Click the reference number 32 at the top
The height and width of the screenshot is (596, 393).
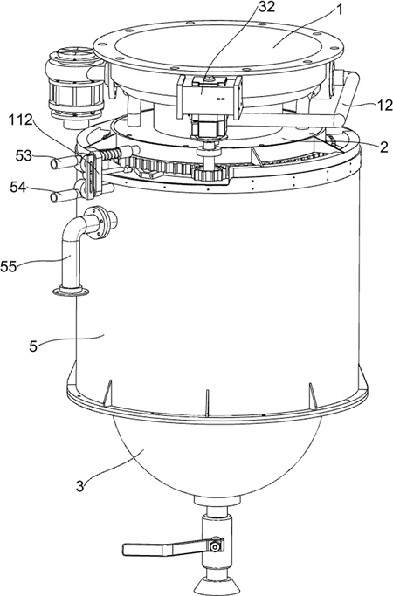266,7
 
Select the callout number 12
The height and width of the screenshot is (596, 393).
384,106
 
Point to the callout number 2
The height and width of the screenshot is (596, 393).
383,146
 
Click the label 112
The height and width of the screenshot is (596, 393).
21,120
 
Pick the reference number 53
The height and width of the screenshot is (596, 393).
24,156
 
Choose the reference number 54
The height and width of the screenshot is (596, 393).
17,187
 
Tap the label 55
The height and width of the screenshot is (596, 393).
9,266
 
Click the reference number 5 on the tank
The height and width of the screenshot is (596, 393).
33,346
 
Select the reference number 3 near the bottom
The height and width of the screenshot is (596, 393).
79,485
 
